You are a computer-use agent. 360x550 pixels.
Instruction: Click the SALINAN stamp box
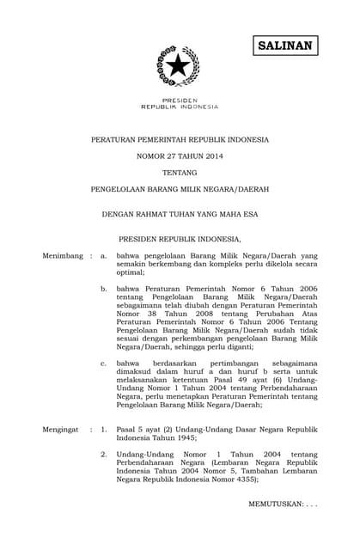285,45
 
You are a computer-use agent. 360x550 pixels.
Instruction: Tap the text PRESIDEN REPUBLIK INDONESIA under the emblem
179,104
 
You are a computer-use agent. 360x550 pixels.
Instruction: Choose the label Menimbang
63,256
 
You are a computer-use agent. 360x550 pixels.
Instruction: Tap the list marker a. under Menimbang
104,256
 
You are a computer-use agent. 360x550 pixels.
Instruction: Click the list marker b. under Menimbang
104,290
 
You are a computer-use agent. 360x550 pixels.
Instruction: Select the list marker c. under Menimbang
104,364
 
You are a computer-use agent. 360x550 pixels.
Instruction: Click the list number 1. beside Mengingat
104,426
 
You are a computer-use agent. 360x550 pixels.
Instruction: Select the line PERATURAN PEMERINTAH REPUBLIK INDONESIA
180,138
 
